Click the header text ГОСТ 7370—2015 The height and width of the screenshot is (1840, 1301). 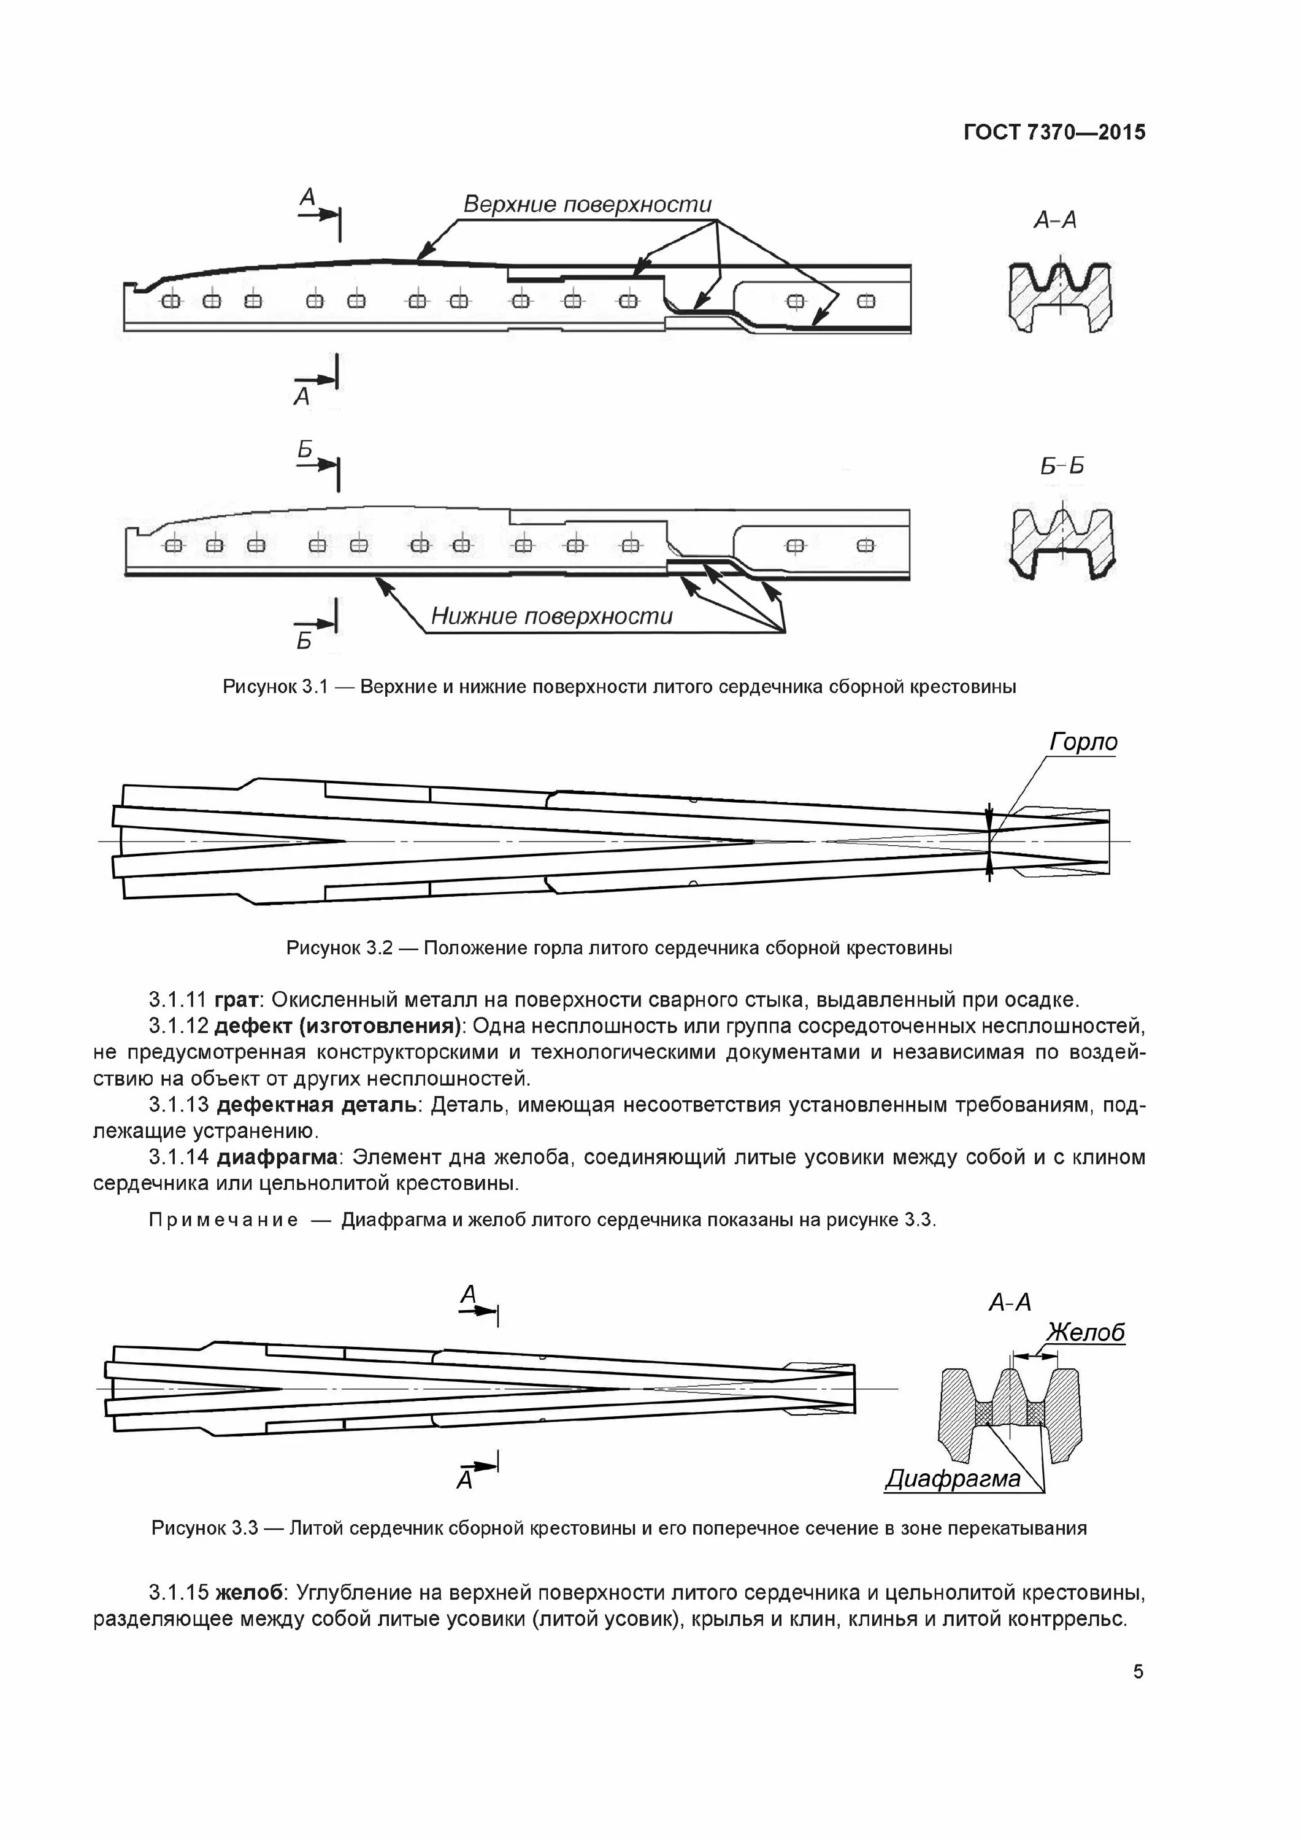(x=1053, y=132)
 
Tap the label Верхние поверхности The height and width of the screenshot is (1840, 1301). (x=587, y=205)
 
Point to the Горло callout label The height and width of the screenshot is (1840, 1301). (x=1083, y=742)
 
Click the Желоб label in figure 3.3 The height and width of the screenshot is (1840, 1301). (x=1086, y=1332)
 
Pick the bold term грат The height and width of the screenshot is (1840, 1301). (x=238, y=1000)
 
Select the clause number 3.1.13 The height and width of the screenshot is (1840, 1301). (x=178, y=1105)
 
